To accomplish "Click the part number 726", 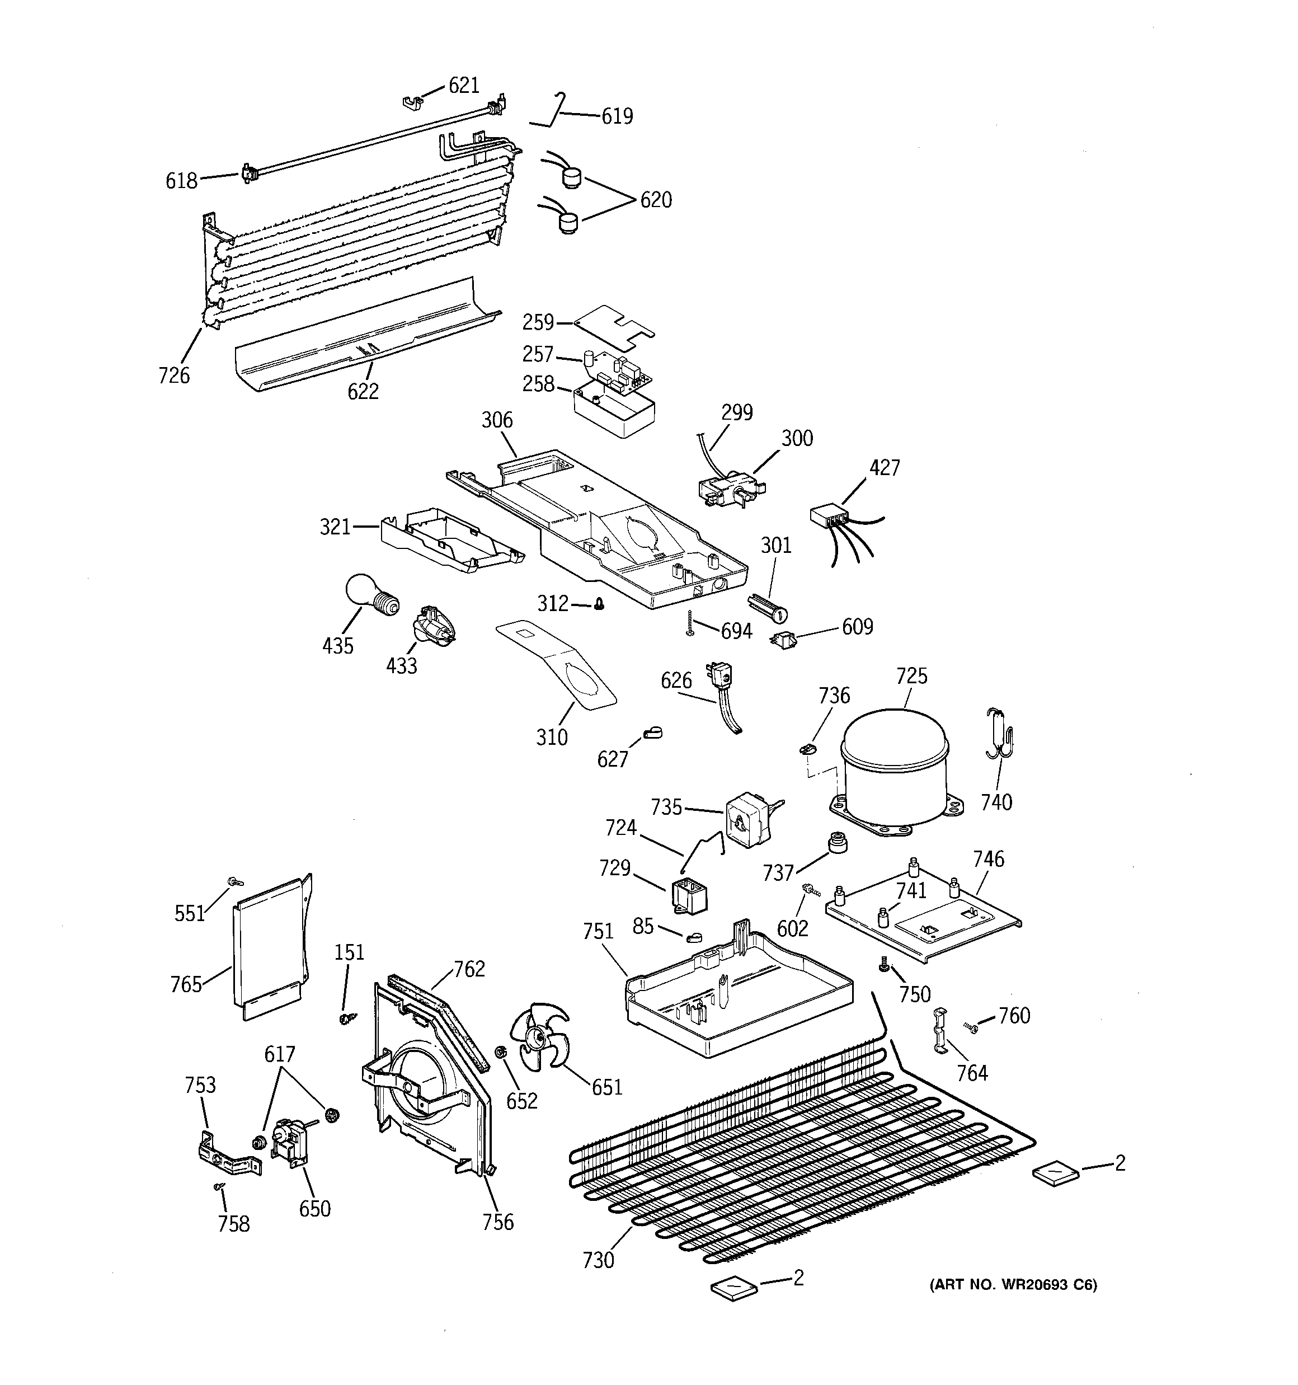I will pyautogui.click(x=173, y=375).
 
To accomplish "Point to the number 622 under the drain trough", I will pyautogui.click(x=363, y=392).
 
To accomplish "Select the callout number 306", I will pyautogui.click(x=497, y=420).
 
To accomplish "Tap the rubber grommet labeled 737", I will pyautogui.click(x=835, y=842).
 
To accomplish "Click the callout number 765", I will pyautogui.click(x=186, y=984).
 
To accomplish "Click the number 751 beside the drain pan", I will pyautogui.click(x=598, y=932).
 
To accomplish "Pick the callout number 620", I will pyautogui.click(x=656, y=200).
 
